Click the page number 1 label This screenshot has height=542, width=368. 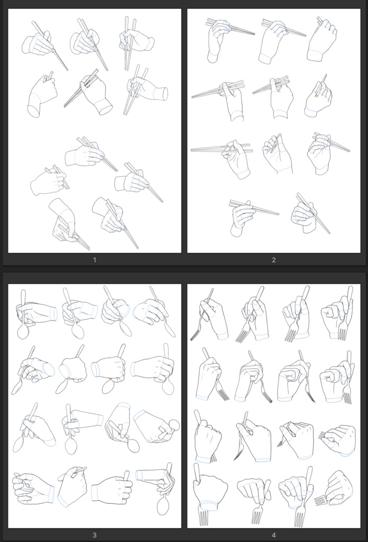coord(94,260)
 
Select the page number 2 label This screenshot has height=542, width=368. coord(274,260)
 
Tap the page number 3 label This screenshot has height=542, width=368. coord(94,536)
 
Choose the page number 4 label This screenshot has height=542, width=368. coord(274,536)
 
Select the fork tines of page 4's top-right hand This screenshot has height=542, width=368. coord(343,334)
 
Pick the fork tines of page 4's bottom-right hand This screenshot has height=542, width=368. coord(320,500)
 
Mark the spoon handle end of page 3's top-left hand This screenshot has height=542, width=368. coord(23,292)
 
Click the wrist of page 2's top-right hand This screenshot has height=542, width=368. coord(316,55)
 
